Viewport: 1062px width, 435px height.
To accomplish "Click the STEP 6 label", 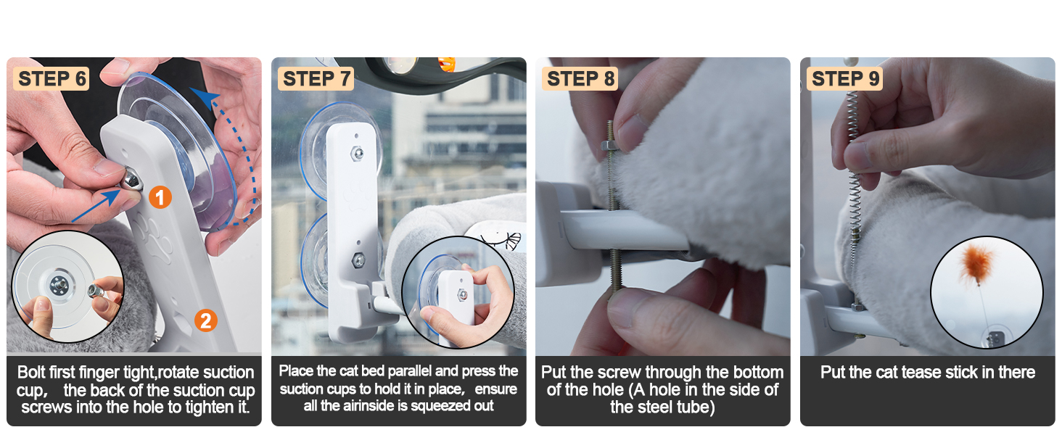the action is (x=52, y=78).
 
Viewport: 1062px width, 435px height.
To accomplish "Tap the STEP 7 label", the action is (x=316, y=78).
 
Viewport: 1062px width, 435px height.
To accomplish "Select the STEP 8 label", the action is (x=580, y=78).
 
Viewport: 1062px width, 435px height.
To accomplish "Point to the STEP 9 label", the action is (x=845, y=78).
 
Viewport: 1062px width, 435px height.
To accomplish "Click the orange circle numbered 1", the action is (x=160, y=197).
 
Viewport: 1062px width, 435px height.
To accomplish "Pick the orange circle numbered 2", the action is (x=206, y=320).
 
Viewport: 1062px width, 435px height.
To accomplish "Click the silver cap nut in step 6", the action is (x=132, y=180).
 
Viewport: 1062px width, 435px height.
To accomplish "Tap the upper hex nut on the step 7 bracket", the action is (x=356, y=153).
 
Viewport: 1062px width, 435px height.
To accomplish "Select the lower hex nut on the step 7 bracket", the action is (x=358, y=260).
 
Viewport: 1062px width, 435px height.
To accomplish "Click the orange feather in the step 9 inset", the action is (x=976, y=263).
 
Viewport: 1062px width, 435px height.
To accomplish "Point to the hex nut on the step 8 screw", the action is (x=609, y=144).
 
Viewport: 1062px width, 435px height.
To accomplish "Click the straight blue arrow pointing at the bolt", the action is (x=96, y=205).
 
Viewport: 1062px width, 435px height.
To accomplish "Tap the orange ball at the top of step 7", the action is (x=446, y=64).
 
